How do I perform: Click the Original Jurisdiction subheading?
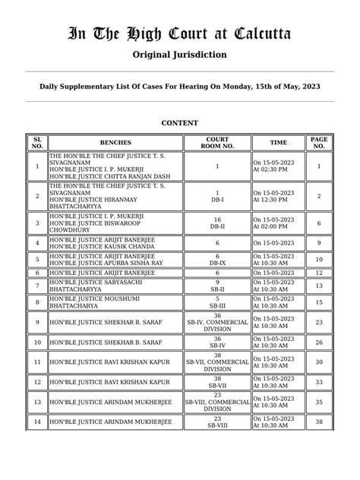pos(179,55)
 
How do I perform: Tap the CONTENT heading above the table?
pos(180,123)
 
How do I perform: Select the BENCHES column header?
pos(115,143)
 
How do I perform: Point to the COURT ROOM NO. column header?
pos(216,143)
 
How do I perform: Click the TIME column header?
pos(278,143)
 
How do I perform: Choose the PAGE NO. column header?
pos(319,143)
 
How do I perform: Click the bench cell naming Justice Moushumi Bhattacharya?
pos(115,302)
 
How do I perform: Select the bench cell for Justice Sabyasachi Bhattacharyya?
pos(115,286)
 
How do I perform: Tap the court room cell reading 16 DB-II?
pos(216,223)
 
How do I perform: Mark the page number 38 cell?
pos(319,422)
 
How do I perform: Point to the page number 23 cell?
pos(319,322)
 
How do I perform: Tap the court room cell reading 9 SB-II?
pos(216,286)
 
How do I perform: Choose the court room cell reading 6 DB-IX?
pos(216,258)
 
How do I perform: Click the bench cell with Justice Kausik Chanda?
pos(115,243)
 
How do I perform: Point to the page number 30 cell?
pos(319,362)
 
